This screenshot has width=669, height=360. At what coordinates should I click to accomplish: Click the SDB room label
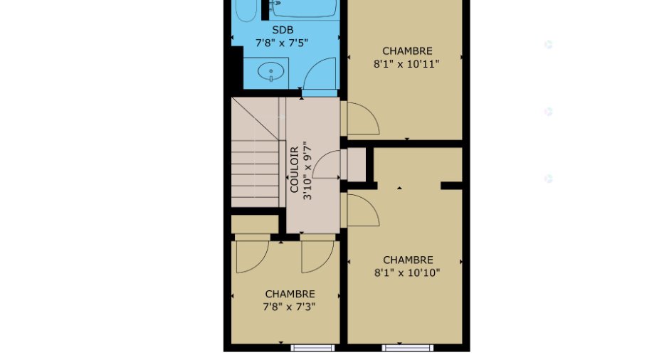[283, 30]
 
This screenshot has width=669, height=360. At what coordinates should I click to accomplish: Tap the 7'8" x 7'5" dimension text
[282, 43]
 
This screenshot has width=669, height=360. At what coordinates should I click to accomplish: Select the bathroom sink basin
[270, 71]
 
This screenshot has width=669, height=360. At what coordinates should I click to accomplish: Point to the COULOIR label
[295, 169]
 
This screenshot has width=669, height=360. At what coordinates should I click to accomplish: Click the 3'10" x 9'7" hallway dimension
[307, 172]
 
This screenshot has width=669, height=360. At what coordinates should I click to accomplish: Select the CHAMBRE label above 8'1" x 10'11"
[407, 51]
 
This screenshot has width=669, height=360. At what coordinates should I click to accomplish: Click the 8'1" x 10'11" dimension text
[406, 63]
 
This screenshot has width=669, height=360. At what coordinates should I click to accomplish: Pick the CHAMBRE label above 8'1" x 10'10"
[408, 260]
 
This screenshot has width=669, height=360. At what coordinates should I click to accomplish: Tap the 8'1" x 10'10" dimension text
[407, 272]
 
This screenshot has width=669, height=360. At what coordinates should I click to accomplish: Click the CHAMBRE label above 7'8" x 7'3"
[290, 294]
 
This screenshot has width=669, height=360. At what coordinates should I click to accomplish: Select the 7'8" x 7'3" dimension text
[289, 307]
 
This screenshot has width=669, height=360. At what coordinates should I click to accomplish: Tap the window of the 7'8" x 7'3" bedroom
[312, 348]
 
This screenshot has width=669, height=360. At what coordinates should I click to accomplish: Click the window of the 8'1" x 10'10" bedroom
[408, 348]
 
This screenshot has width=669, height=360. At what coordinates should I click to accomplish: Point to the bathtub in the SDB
[303, 9]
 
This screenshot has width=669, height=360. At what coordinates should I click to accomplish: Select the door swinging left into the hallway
[327, 164]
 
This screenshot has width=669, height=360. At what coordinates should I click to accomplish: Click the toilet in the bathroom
[247, 9]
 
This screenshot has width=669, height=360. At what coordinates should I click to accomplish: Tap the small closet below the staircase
[255, 224]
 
